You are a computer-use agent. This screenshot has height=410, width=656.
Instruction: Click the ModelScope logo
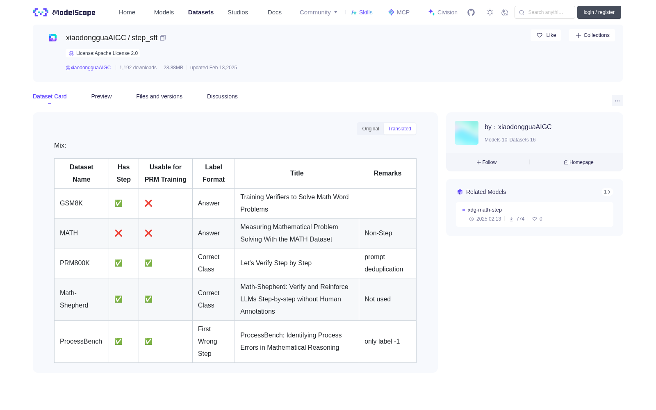pos(64,12)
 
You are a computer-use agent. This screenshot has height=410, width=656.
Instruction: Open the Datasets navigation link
pos(200,12)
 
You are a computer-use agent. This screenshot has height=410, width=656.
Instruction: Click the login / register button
pos(599,12)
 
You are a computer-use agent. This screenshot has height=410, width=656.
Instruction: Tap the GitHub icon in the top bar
pos(471,12)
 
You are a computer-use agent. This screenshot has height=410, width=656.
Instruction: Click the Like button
pos(546,35)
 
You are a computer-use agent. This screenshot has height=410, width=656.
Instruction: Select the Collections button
pos(592,35)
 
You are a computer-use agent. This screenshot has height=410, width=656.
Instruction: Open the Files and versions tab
pos(159,96)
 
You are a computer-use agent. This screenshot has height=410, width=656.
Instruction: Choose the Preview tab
pos(101,96)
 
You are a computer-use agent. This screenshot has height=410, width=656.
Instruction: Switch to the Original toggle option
pos(371,129)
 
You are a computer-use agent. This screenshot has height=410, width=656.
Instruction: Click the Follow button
pos(486,162)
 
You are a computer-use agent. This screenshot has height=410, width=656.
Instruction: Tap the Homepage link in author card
pos(579,162)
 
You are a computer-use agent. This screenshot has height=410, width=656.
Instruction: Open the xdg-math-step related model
pos(485,210)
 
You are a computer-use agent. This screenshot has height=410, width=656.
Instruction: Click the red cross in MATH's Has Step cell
pos(118,233)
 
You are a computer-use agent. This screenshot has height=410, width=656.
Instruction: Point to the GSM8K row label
pos(71,203)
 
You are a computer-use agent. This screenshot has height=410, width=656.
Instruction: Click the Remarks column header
pos(387,173)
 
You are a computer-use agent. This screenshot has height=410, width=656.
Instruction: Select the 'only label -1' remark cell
pos(382,342)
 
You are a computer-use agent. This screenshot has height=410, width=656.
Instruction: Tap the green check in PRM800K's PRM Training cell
pos(148,263)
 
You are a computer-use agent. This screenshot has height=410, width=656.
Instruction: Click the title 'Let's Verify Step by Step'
pos(276,263)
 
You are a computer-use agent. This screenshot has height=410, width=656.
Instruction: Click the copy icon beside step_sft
pos(163,38)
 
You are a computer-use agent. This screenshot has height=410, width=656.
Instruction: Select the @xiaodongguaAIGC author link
pos(88,68)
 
